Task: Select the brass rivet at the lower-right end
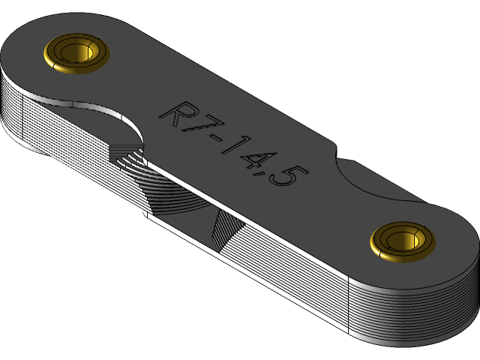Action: coord(403,241)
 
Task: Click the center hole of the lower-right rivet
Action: coord(403,239)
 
